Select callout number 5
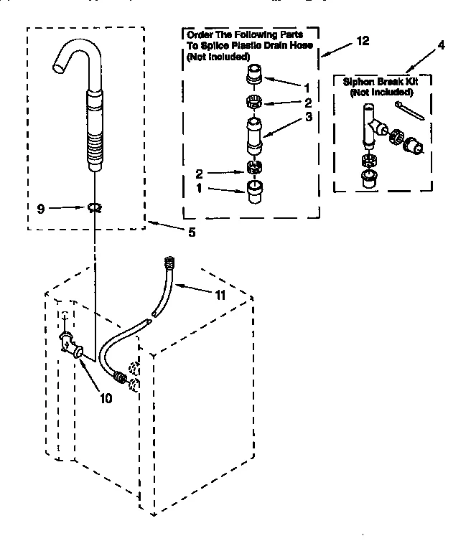[192, 232]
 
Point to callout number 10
[106, 398]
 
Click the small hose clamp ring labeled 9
[93, 208]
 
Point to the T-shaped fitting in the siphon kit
[370, 128]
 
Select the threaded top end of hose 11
[170, 263]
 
